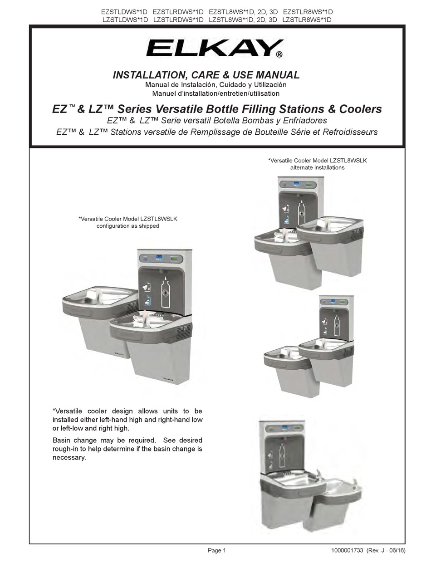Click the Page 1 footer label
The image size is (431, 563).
(x=216, y=551)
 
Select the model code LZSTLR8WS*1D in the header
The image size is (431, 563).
(x=307, y=20)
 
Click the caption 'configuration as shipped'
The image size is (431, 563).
(x=127, y=226)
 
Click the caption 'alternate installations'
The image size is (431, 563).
(x=317, y=167)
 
